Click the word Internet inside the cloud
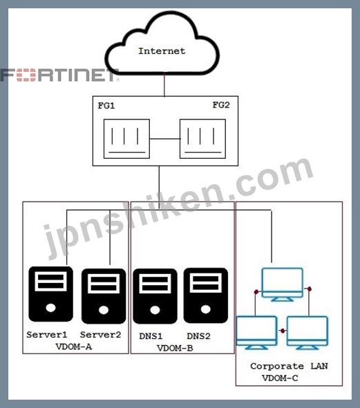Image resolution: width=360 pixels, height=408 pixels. [162, 51]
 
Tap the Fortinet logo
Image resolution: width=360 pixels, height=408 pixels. [60, 75]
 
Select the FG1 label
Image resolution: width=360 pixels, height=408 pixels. [106, 106]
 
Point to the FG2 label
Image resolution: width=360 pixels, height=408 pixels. [221, 105]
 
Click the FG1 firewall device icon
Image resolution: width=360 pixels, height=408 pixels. [126, 139]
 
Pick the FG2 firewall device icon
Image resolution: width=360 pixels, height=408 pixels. [202, 139]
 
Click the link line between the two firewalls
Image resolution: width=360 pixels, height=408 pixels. [164, 139]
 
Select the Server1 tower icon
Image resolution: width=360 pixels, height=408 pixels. [51, 294]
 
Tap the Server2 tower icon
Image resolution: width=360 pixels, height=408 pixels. [104, 296]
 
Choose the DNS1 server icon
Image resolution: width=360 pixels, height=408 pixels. [155, 296]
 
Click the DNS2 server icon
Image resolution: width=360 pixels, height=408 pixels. [206, 295]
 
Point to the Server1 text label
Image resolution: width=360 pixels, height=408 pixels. [47, 335]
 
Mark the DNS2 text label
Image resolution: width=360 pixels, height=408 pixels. [198, 336]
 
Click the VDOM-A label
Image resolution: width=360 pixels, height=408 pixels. [74, 347]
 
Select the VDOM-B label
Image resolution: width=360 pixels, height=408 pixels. [175, 348]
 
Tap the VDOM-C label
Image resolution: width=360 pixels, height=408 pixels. [280, 378]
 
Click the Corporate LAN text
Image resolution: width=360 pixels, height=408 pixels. [289, 366]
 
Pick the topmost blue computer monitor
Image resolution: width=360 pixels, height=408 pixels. [283, 284]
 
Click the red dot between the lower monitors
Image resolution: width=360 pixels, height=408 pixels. [283, 331]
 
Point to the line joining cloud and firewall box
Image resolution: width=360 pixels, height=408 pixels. [164, 85]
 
